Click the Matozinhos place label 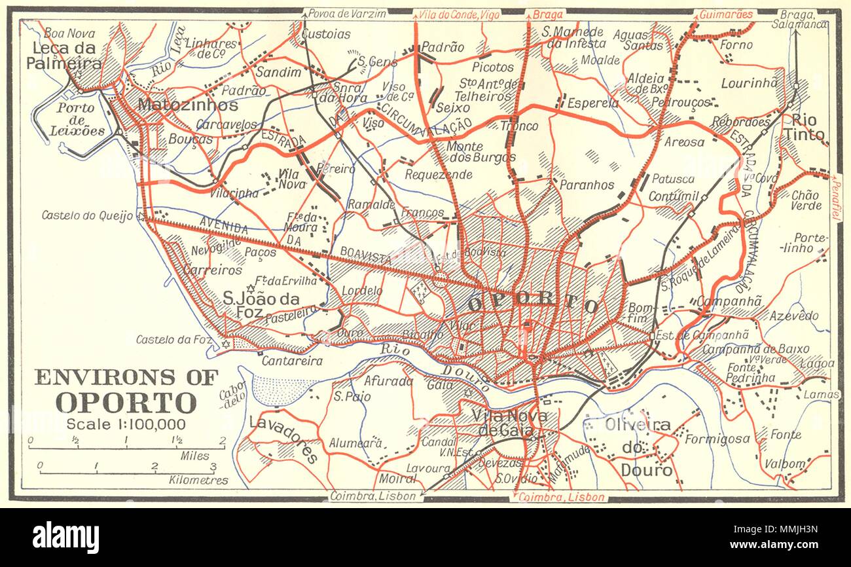187,105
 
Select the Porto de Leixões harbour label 77,119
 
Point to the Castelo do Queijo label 88,215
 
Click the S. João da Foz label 261,305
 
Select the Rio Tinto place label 807,127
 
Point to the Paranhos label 587,185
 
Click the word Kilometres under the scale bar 198,480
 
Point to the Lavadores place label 283,438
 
